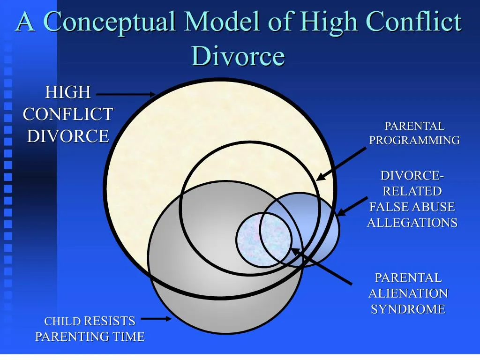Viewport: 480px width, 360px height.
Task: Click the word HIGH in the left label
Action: [68, 92]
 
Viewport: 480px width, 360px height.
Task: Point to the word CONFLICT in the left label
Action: [68, 114]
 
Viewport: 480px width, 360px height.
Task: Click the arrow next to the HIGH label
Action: [126, 94]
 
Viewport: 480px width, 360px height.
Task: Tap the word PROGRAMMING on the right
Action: [414, 140]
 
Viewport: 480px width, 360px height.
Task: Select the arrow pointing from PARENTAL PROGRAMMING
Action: [341, 164]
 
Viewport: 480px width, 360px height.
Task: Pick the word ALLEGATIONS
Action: [412, 223]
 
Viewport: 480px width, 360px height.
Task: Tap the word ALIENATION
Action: [408, 293]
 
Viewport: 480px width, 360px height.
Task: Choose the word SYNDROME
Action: [408, 309]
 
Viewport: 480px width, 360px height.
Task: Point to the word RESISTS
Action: [110, 321]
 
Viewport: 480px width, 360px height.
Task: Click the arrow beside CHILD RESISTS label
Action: [157, 319]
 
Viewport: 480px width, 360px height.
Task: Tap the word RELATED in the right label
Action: [412, 191]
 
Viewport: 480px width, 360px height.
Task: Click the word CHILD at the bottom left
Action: [63, 322]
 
